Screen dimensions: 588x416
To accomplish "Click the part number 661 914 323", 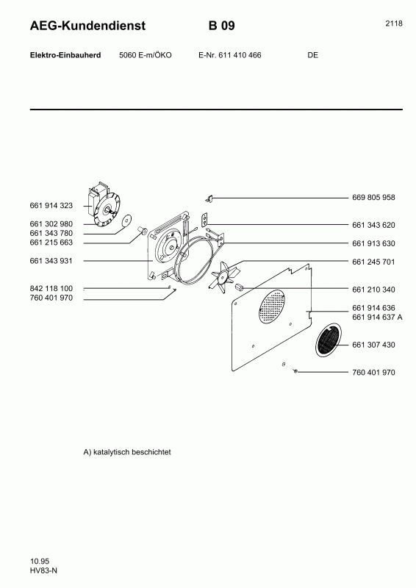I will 51,207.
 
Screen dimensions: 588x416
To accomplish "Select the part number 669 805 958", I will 373,198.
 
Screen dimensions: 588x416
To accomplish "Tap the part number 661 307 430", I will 373,345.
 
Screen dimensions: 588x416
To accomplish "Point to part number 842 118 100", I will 51,289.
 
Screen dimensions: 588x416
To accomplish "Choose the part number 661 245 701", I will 373,262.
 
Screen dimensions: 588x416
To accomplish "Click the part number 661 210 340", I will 373,289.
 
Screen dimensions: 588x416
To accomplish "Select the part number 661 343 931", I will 51,262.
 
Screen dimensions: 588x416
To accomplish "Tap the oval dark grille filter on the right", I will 329,340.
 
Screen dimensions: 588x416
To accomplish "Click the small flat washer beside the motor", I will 126,219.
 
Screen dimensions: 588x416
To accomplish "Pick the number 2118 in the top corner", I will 393,24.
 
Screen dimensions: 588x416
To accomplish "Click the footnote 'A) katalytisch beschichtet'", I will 127,453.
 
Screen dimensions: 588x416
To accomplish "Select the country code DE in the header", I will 313,56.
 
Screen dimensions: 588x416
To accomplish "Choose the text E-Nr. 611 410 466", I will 230,56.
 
